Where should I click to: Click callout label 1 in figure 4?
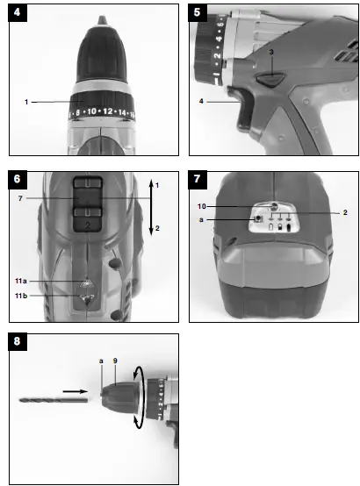[x=27, y=102]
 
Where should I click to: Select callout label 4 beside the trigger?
[x=200, y=102]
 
